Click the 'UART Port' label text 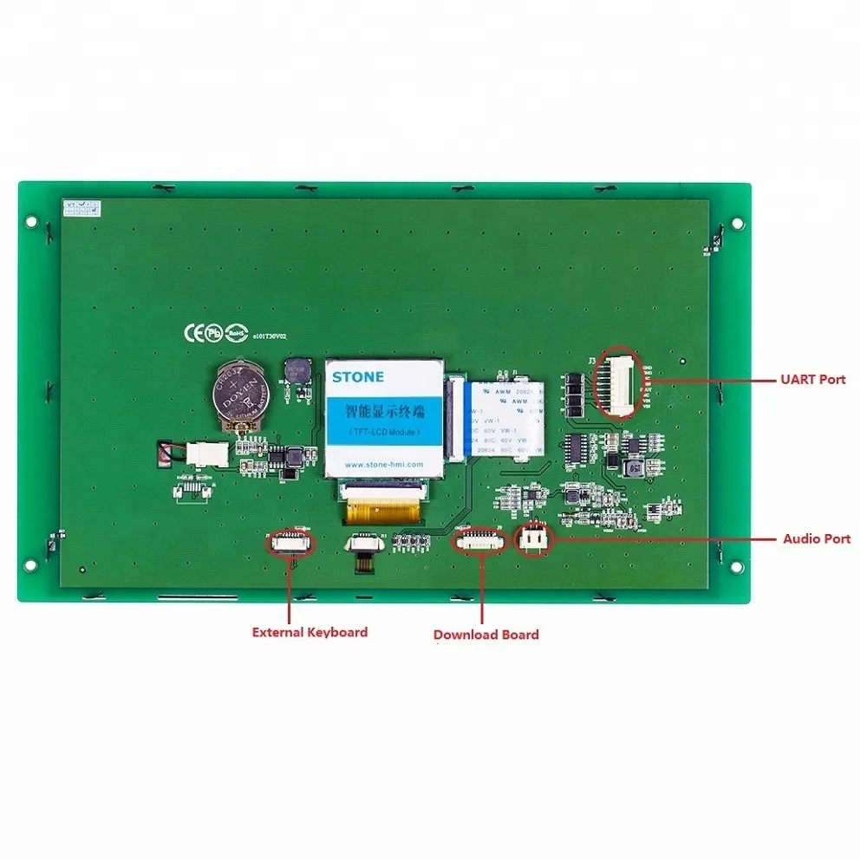[x=812, y=380]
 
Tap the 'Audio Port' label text [x=817, y=538]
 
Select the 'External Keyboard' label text [x=310, y=632]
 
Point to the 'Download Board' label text [x=486, y=635]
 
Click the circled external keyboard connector [x=290, y=542]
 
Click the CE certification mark [x=195, y=333]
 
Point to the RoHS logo [x=233, y=333]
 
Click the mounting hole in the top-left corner [x=31, y=222]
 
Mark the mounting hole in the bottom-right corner [x=736, y=568]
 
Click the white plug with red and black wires [x=207, y=453]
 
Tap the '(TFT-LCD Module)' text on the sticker [x=383, y=431]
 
